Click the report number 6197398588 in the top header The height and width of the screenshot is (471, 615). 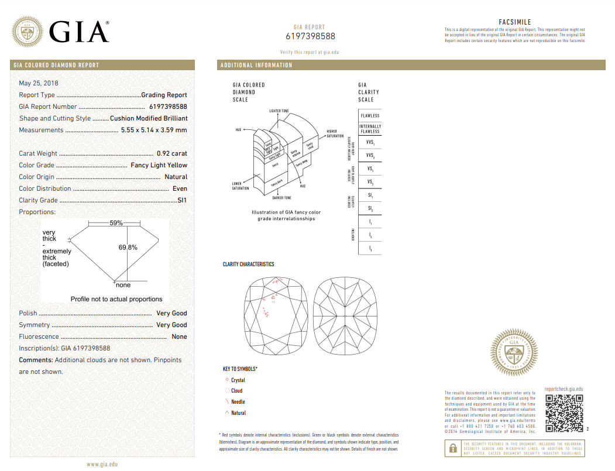coord(310,36)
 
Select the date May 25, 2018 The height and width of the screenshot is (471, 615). coord(39,83)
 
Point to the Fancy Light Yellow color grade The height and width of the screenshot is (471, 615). coord(159,165)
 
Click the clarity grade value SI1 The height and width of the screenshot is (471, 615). coord(182,200)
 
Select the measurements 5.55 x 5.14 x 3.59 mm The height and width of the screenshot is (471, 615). coord(154,130)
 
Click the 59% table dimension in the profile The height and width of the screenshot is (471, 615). coord(116,223)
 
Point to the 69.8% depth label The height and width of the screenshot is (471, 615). coord(128,247)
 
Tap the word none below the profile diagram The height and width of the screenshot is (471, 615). coord(123,285)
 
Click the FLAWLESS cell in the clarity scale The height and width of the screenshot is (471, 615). coord(370,116)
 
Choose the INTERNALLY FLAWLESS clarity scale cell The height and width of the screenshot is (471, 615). coord(370,129)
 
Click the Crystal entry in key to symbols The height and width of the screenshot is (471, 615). coord(238,380)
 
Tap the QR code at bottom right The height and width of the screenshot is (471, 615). coord(564,413)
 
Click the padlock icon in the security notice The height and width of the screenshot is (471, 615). coord(453,449)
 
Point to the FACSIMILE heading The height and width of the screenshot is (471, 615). coord(515,22)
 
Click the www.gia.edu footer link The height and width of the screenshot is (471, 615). coord(102,464)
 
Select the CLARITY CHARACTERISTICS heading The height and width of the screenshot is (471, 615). coord(248,264)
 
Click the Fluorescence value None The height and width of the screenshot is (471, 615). coord(179,336)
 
